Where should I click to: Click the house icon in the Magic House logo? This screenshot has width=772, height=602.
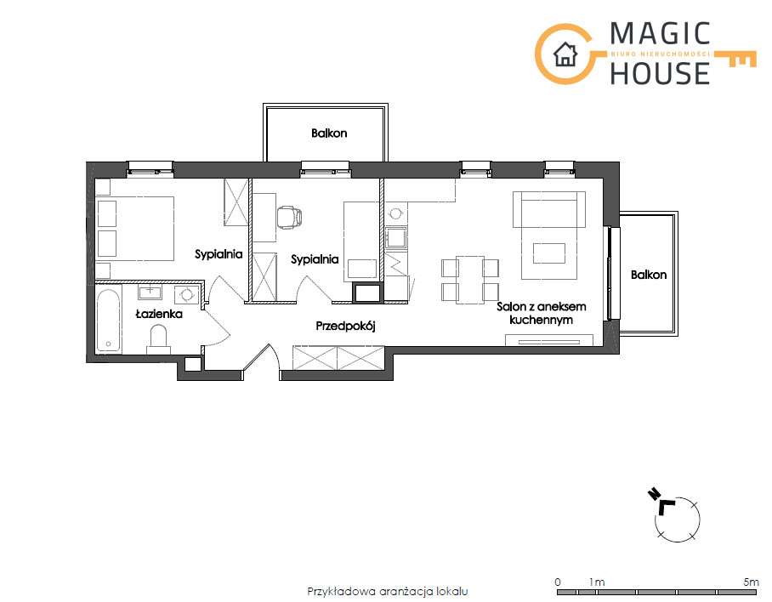pos(565,54)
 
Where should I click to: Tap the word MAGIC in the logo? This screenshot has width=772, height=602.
pos(660,34)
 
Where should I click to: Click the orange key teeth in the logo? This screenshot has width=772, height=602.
pos(742,61)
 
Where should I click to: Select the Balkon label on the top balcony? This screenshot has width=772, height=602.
pos(329,133)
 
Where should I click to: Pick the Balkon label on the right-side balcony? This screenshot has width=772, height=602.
pos(649,275)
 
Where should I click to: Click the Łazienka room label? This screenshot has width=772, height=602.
pos(159,314)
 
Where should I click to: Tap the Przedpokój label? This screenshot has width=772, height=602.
pos(346,326)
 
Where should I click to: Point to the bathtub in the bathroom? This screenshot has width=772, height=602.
pos(108,321)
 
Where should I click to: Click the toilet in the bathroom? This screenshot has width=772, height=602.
pos(158,339)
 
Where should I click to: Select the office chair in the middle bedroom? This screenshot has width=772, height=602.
pos(289,217)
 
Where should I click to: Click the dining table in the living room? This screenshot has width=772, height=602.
pos(470,279)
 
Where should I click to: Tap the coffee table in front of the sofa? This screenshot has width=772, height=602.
pos(549,253)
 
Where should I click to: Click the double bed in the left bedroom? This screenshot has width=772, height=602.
pos(135,229)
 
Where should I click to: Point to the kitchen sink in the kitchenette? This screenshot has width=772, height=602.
pos(396,238)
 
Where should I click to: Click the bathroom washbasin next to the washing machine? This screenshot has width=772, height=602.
pos(150,292)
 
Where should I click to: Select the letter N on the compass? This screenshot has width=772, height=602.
pos(655,494)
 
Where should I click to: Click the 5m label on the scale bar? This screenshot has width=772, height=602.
pos(752,582)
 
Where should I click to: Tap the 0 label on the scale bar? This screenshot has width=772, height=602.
pos(558,582)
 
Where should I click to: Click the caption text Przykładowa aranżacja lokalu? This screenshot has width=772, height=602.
pos(388,591)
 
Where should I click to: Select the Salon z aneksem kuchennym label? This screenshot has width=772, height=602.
pos(541,313)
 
